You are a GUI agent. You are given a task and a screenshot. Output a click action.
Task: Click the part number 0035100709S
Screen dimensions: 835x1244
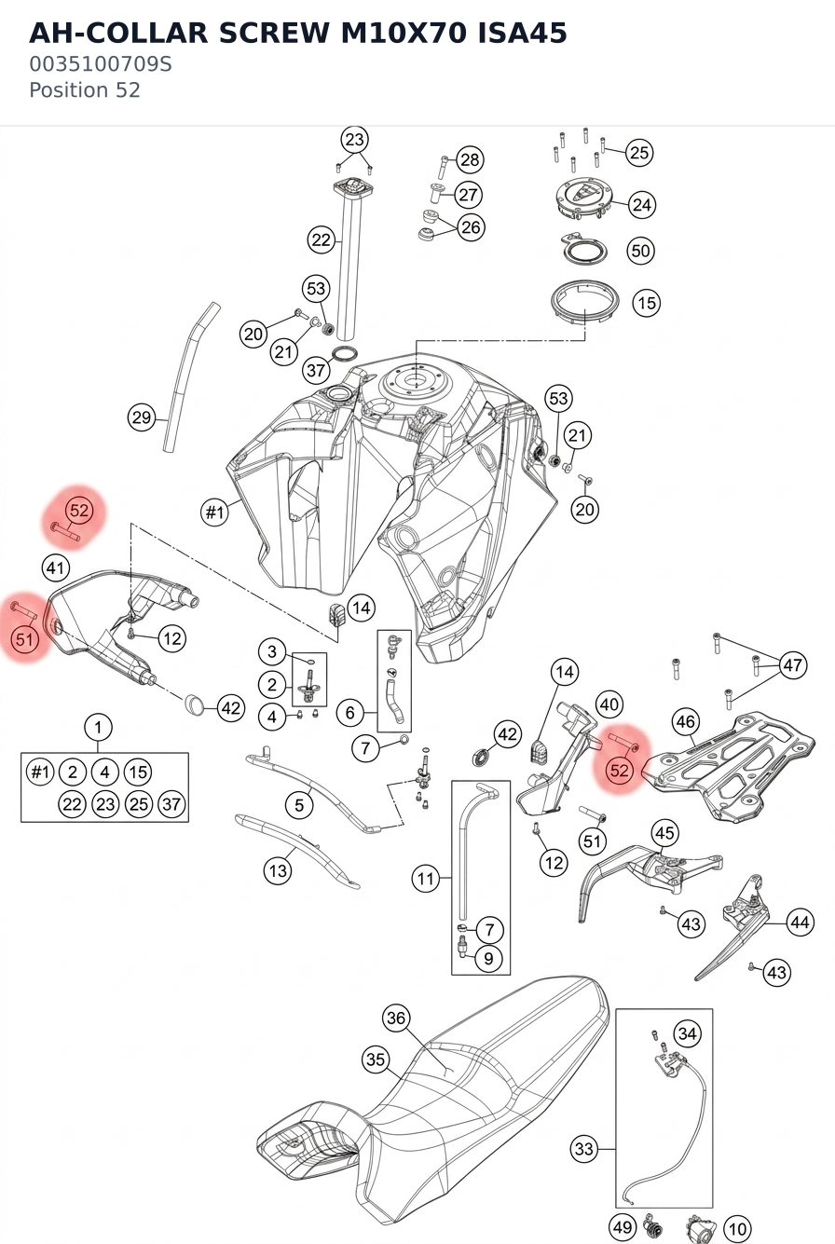(101, 64)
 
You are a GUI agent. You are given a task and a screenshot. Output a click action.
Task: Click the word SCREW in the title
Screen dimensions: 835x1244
(274, 33)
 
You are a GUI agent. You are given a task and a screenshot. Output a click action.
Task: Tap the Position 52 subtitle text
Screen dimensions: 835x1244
(85, 90)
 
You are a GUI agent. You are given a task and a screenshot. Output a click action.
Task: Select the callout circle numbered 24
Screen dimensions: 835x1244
(642, 205)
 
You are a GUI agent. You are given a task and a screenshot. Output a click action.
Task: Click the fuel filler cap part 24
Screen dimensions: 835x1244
(584, 198)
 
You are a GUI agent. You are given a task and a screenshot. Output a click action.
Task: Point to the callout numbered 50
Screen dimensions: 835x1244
(640, 251)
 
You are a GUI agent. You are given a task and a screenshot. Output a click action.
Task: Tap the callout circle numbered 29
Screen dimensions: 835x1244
(141, 417)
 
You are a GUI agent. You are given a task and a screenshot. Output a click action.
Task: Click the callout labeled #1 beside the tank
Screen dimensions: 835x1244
(214, 512)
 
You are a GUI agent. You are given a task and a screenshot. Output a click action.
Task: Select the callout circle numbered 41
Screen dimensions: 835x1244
(56, 568)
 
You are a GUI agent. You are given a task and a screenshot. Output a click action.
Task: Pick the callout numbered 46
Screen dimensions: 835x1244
(686, 721)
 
